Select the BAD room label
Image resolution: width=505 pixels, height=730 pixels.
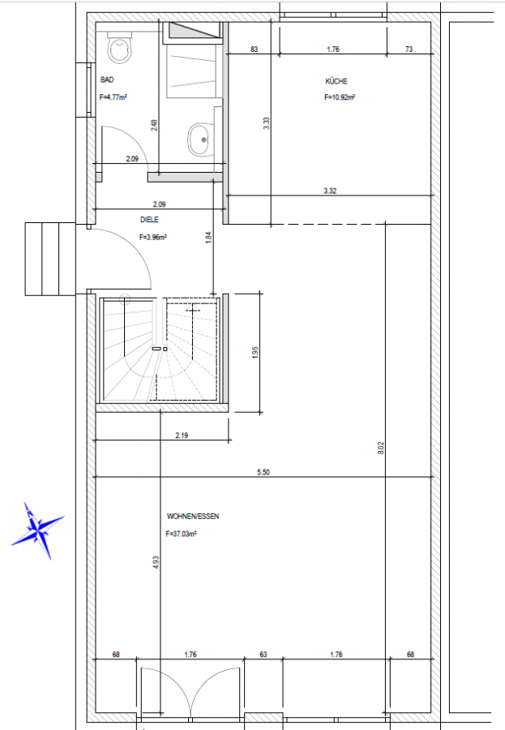tap(107, 80)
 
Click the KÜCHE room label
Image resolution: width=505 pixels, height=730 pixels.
tap(336, 81)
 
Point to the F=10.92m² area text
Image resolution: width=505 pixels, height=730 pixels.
tap(340, 97)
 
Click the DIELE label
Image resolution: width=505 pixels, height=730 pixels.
tap(149, 219)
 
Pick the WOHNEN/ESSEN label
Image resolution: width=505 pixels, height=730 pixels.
tap(193, 517)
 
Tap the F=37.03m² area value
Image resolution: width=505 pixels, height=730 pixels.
tap(181, 534)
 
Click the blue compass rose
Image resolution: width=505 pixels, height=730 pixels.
tap(37, 530)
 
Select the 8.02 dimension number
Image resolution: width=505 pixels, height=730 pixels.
tap(381, 448)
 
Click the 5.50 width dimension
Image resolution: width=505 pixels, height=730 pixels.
tap(263, 472)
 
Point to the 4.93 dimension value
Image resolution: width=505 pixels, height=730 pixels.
tap(156, 562)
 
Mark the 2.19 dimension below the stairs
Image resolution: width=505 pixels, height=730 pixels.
tap(182, 436)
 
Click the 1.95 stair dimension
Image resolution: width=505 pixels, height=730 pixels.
tap(255, 353)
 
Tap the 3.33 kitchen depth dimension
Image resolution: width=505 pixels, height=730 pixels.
tap(266, 123)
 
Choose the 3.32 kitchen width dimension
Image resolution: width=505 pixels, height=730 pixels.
tap(330, 191)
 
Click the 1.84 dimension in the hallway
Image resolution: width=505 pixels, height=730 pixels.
tap(208, 238)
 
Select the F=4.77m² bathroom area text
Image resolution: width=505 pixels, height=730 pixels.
tap(113, 97)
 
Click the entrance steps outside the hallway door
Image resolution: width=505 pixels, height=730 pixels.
tap(50, 259)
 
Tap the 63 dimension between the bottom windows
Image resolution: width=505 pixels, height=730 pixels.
tap(263, 654)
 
